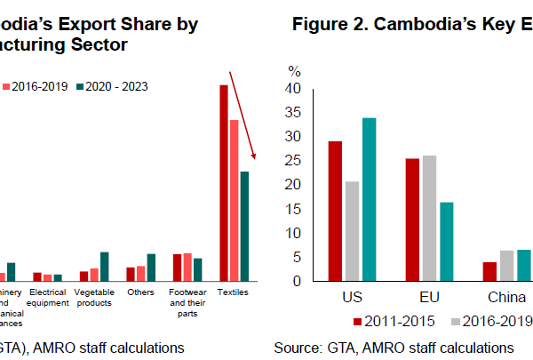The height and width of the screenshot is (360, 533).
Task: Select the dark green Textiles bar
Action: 244,226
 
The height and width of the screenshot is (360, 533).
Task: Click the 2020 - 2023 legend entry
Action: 111,86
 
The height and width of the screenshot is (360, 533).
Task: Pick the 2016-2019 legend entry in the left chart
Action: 36,86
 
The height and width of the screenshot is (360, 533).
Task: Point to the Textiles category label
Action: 234,292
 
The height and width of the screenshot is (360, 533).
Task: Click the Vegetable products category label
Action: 93,297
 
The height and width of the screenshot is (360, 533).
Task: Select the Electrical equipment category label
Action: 48,297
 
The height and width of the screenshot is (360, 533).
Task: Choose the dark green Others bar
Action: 151,268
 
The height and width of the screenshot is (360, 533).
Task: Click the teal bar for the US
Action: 369,200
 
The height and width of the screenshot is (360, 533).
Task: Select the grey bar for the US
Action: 352,231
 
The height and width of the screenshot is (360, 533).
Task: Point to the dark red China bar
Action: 489,272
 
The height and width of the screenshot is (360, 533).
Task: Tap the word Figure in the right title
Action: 319,24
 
